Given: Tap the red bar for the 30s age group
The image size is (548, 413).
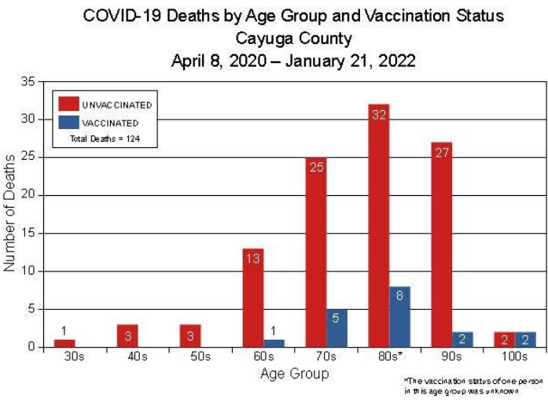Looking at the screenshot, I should (x=64, y=343).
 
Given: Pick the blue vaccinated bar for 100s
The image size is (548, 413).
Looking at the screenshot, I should (x=526, y=339).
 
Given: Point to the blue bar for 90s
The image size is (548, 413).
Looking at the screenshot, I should (x=462, y=339).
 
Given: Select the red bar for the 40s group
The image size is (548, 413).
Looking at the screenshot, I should (x=127, y=335).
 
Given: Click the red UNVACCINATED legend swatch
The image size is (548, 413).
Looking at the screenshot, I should (x=68, y=104).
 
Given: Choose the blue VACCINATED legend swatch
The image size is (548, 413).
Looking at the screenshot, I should (x=68, y=123).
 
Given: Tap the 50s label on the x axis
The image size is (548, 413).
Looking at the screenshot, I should (x=200, y=357).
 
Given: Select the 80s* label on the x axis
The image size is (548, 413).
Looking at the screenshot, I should (x=391, y=357).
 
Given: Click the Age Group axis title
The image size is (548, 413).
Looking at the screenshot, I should (x=294, y=374).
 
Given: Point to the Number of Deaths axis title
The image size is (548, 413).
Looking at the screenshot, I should (x=10, y=213).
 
